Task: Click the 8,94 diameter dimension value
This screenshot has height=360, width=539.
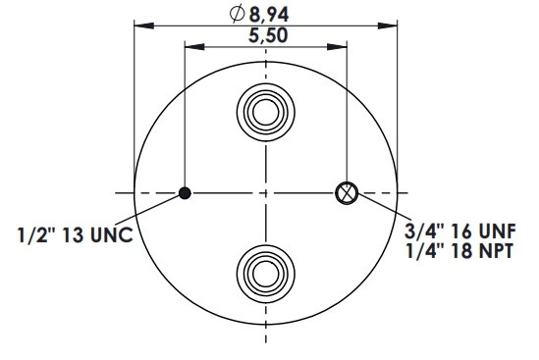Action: pos(269,15)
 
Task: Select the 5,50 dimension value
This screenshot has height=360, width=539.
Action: pos(268,35)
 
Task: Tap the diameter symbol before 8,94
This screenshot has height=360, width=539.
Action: pos(237,14)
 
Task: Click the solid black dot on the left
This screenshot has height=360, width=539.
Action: pos(185,193)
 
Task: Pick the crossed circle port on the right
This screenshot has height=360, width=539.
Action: pos(347,193)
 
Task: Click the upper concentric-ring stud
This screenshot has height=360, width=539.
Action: pos(266,112)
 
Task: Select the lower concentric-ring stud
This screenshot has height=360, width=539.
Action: pos(266,274)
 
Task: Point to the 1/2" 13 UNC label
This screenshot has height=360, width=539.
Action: pos(76,235)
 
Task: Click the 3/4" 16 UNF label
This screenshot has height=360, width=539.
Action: pos(460,231)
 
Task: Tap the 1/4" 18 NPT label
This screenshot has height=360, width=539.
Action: pos(459,251)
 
